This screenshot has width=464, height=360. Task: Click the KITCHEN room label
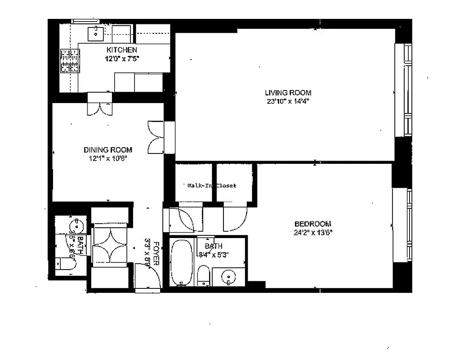coord(121,50)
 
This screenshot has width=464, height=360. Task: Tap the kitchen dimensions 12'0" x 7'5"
coord(121,58)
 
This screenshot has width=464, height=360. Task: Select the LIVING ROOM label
coord(288,93)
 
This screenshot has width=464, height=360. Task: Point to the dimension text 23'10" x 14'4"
coord(288,101)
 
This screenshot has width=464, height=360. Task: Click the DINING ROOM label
coord(108,150)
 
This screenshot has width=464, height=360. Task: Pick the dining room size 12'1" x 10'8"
coord(108,158)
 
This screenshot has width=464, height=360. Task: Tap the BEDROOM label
coord(312,224)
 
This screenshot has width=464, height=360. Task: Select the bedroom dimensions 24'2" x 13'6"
coord(312,232)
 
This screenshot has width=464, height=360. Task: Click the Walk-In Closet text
coord(211,185)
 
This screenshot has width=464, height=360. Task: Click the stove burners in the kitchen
coord(70,61)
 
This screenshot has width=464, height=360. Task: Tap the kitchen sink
coord(95,32)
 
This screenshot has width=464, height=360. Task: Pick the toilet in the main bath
coord(204,275)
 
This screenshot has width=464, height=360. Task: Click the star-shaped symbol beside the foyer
coord(111,245)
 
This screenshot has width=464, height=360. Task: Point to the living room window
coord(407,90)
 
